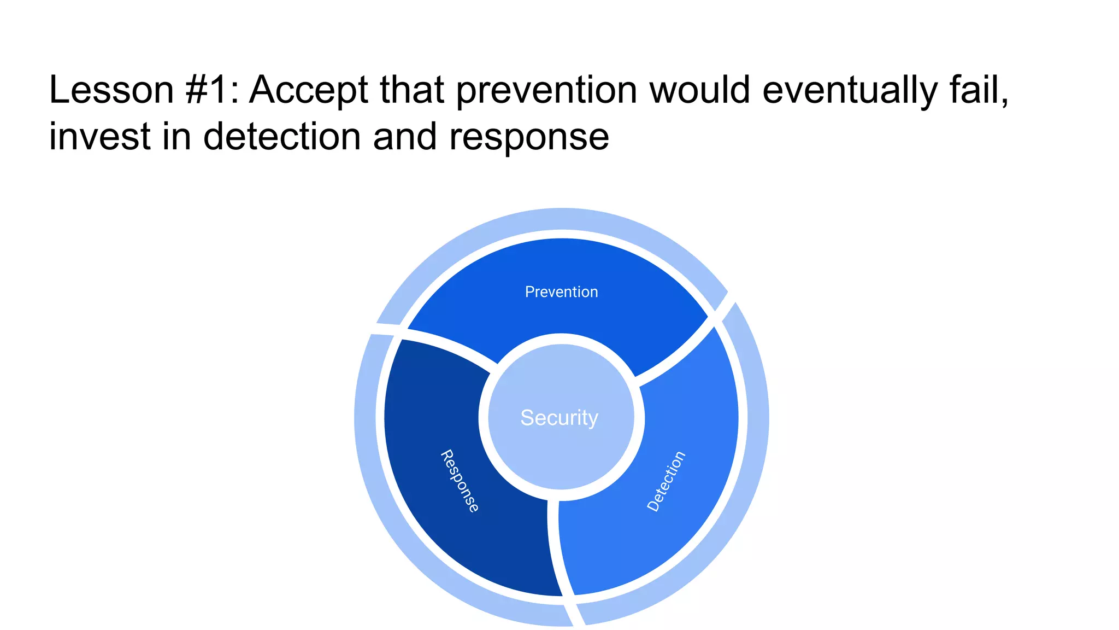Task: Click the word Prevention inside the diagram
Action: click(x=561, y=292)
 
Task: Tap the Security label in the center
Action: click(x=559, y=418)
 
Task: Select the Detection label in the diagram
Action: click(x=666, y=481)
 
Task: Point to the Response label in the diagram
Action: click(x=460, y=481)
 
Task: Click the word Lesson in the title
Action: click(x=111, y=90)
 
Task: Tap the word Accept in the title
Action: click(x=309, y=91)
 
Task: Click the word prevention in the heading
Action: click(x=546, y=91)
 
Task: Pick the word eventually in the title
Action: click(x=850, y=91)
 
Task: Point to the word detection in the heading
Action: click(x=282, y=136)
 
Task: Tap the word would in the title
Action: click(x=699, y=90)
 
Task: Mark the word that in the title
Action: click(x=411, y=90)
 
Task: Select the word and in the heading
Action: click(x=405, y=136)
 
